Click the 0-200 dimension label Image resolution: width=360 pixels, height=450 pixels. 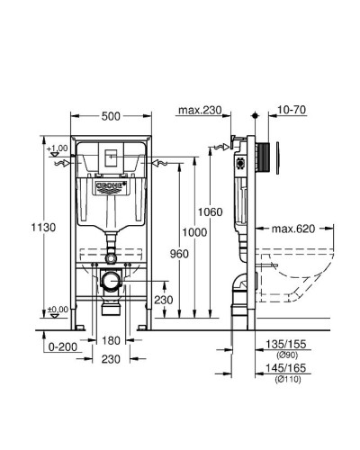(x=60, y=344)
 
